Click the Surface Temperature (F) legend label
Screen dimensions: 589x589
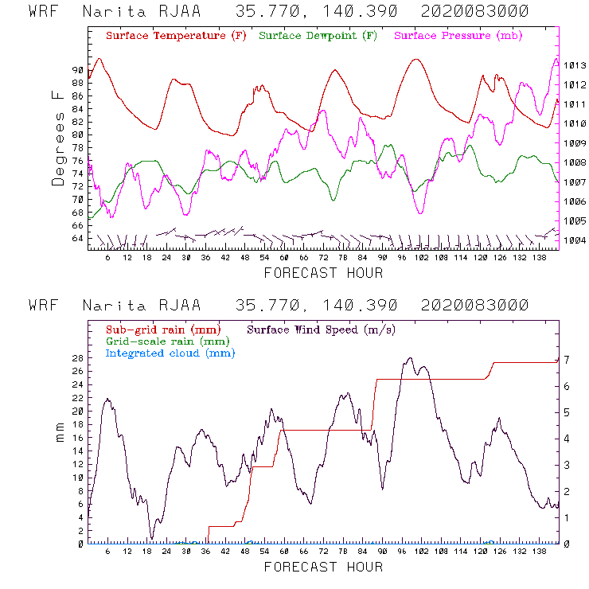176,37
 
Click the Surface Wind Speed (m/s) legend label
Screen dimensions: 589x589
322,329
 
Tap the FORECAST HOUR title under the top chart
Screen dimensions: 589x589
323,273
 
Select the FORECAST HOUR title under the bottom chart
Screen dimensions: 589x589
323,567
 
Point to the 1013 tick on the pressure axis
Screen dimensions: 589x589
575,65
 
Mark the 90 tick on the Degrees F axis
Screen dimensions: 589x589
77,70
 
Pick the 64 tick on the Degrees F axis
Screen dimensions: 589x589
77,239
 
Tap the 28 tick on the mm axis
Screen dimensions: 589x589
77,358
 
